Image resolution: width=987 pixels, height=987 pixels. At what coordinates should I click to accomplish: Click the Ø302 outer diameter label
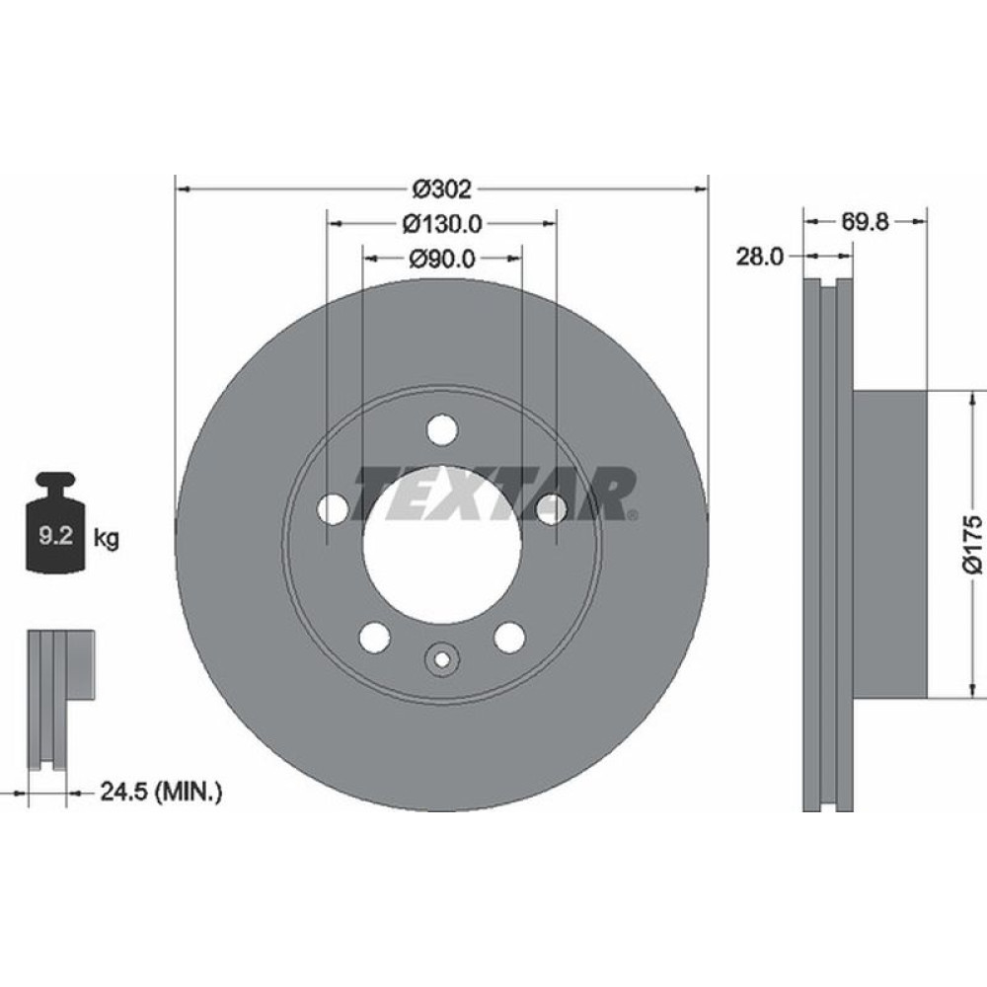(x=441, y=188)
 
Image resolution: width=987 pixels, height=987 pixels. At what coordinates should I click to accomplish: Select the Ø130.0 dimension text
(x=441, y=224)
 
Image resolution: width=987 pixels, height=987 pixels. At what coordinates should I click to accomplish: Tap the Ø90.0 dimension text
(x=441, y=259)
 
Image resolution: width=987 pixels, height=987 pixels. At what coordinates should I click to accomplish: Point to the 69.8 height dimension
(x=866, y=222)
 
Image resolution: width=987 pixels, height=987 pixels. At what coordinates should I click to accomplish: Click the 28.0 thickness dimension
(x=760, y=258)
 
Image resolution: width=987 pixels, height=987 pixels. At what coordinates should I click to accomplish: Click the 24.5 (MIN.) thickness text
(x=160, y=790)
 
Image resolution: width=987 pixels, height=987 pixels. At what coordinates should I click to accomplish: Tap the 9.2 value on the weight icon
(x=52, y=538)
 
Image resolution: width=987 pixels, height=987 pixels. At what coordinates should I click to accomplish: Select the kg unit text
(x=106, y=539)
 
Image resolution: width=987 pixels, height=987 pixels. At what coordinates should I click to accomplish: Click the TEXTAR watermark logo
(x=493, y=493)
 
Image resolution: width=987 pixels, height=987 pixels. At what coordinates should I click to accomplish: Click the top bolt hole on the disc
(x=442, y=431)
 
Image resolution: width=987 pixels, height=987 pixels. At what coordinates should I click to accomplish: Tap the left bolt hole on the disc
(x=334, y=509)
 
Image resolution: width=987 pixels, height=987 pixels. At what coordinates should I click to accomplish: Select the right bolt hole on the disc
(x=551, y=509)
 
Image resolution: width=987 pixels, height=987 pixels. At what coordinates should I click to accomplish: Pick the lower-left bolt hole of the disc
(x=375, y=638)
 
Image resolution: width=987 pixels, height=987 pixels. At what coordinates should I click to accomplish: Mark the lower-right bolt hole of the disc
(x=509, y=638)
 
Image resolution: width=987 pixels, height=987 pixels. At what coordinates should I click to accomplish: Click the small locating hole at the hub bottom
(x=442, y=658)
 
